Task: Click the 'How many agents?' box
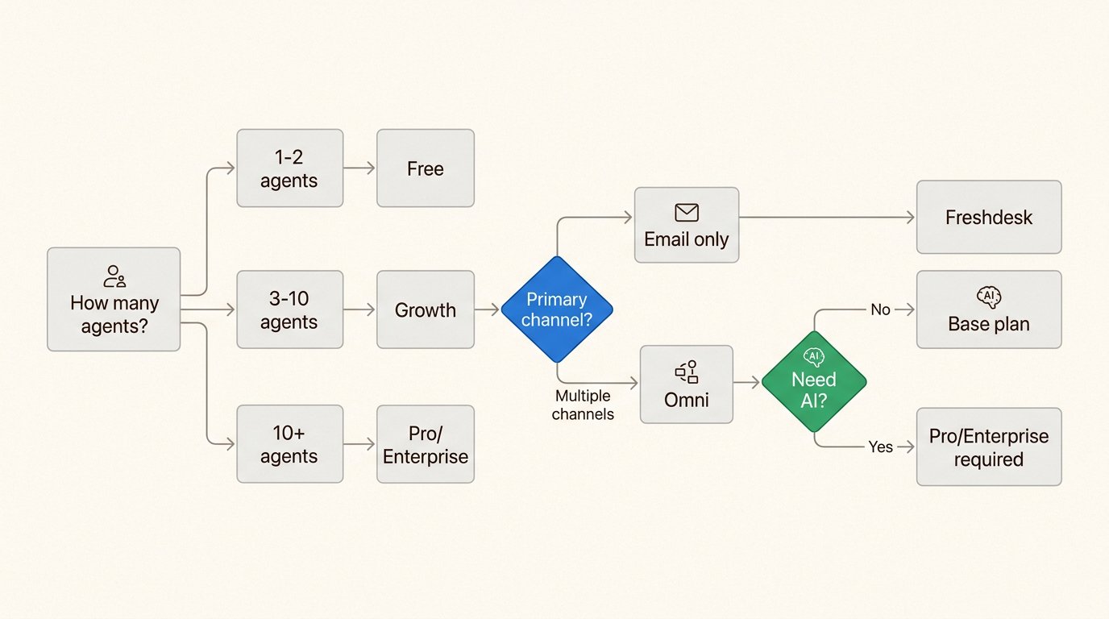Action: pos(114,299)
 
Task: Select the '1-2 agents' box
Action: pos(289,168)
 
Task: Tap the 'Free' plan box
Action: pos(425,168)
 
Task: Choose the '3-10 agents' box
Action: pos(289,309)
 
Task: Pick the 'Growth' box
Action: pos(425,309)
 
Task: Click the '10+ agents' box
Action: pos(289,444)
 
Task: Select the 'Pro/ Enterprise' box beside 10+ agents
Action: pos(425,444)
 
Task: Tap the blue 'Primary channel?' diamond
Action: pos(556,309)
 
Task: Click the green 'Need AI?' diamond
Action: pos(813,381)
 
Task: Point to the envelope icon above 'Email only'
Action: pos(686,213)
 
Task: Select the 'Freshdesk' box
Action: pos(988,217)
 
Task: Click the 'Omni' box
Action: pos(686,384)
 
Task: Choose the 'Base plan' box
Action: pos(988,309)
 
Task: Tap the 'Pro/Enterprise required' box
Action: pos(988,447)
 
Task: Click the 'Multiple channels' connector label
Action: pos(584,405)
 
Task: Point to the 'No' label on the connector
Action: pos(880,309)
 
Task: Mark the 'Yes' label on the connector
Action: pos(880,447)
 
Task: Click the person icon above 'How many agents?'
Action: pos(114,276)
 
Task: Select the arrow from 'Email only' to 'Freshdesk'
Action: pos(826,217)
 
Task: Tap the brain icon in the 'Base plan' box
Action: pos(988,297)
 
